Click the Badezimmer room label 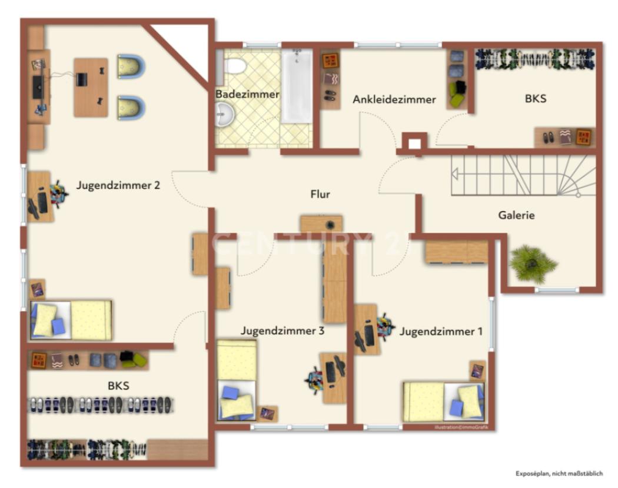239,94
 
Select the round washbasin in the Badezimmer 225,112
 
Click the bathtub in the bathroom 296,86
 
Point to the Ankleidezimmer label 394,99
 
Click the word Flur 320,194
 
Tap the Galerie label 516,215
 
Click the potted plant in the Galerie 533,262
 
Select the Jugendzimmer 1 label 441,332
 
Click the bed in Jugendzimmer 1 443,402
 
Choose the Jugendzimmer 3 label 283,330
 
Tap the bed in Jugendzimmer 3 237,379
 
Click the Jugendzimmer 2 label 118,185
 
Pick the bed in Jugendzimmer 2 71,320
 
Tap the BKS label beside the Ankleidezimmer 536,98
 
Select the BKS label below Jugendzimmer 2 118,386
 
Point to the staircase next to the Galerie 523,175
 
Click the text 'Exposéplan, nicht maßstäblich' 559,473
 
